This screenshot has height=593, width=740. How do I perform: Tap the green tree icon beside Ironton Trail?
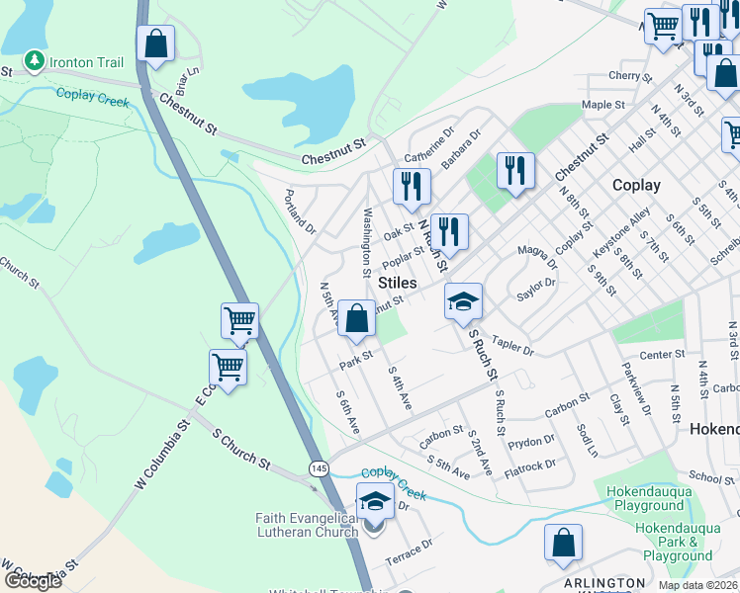point(35,62)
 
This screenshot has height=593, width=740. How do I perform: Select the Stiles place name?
point(397,283)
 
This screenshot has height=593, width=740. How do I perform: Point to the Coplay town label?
point(635,185)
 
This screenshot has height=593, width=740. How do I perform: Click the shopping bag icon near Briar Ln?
point(156,44)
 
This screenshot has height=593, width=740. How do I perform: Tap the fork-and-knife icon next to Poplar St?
point(449,232)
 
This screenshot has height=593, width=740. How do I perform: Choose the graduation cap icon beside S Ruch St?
point(462,302)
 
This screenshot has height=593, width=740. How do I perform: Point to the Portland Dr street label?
point(300,212)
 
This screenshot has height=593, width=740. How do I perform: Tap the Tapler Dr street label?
point(512,345)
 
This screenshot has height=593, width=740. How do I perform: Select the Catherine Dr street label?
point(428,144)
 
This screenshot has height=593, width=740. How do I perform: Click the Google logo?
point(33,580)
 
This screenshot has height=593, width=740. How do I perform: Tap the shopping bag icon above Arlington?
point(563,543)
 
